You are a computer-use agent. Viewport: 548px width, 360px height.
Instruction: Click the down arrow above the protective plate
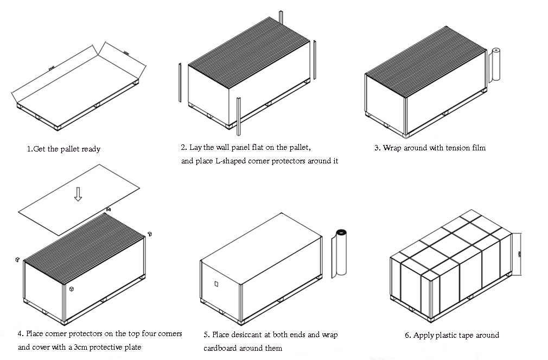[x=78, y=194]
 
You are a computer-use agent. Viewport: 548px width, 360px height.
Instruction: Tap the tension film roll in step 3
[x=494, y=65]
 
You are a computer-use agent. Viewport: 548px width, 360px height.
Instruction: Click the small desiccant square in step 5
[x=216, y=283]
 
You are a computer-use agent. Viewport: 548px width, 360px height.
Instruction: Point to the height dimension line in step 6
[x=519, y=254]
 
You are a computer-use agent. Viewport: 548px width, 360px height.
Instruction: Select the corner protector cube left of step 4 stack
[x=18, y=260]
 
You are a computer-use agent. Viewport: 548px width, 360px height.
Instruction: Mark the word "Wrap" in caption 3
[x=392, y=148]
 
